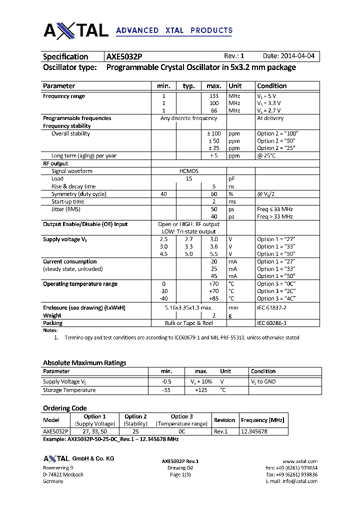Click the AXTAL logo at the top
coord(76,30)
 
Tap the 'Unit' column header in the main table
coord(235,86)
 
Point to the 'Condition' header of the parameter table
coord(271,86)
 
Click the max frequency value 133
coord(214,96)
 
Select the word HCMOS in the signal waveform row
coord(188,171)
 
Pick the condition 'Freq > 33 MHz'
coord(274,216)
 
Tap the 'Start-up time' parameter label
coord(68,201)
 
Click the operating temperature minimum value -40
coord(163,298)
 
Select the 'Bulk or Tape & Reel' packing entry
coord(188,323)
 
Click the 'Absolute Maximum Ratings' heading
coord(84,362)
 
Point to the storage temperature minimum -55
coord(166,390)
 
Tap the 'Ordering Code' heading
coord(64,408)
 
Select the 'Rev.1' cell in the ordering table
coord(220,431)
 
